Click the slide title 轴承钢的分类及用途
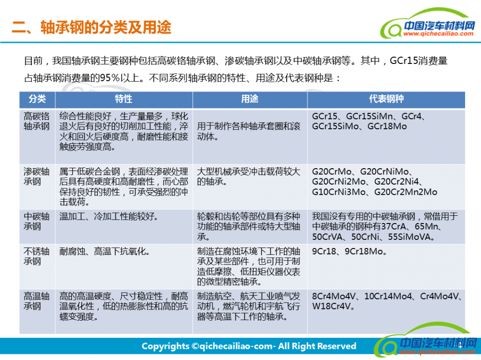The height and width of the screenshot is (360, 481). pos(106,27)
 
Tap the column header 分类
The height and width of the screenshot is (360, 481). pos(37,99)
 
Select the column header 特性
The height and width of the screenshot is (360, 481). pos(124,99)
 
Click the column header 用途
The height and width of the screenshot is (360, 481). pos(250,99)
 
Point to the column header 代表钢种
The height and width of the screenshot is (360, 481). pos(386,99)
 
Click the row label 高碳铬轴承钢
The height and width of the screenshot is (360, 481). pos(37,121)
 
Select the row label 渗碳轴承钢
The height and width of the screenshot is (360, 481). pos(37,176)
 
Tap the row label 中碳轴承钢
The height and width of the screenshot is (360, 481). pos(37,222)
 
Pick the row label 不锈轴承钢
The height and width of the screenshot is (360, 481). pos(37,256)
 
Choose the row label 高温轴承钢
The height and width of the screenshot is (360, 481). pos(37,301)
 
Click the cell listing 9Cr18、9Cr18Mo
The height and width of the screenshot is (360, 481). pos(349,251)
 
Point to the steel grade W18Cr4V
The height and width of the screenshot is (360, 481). pos(331,306)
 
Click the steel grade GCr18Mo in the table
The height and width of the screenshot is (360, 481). pos(387,126)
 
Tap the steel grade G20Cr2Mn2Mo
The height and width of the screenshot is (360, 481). pos(405,192)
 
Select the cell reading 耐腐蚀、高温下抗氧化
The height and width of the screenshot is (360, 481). pos(104,251)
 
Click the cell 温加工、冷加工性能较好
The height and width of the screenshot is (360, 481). pos(109,216)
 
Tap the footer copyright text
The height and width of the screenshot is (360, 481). pos(249,346)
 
